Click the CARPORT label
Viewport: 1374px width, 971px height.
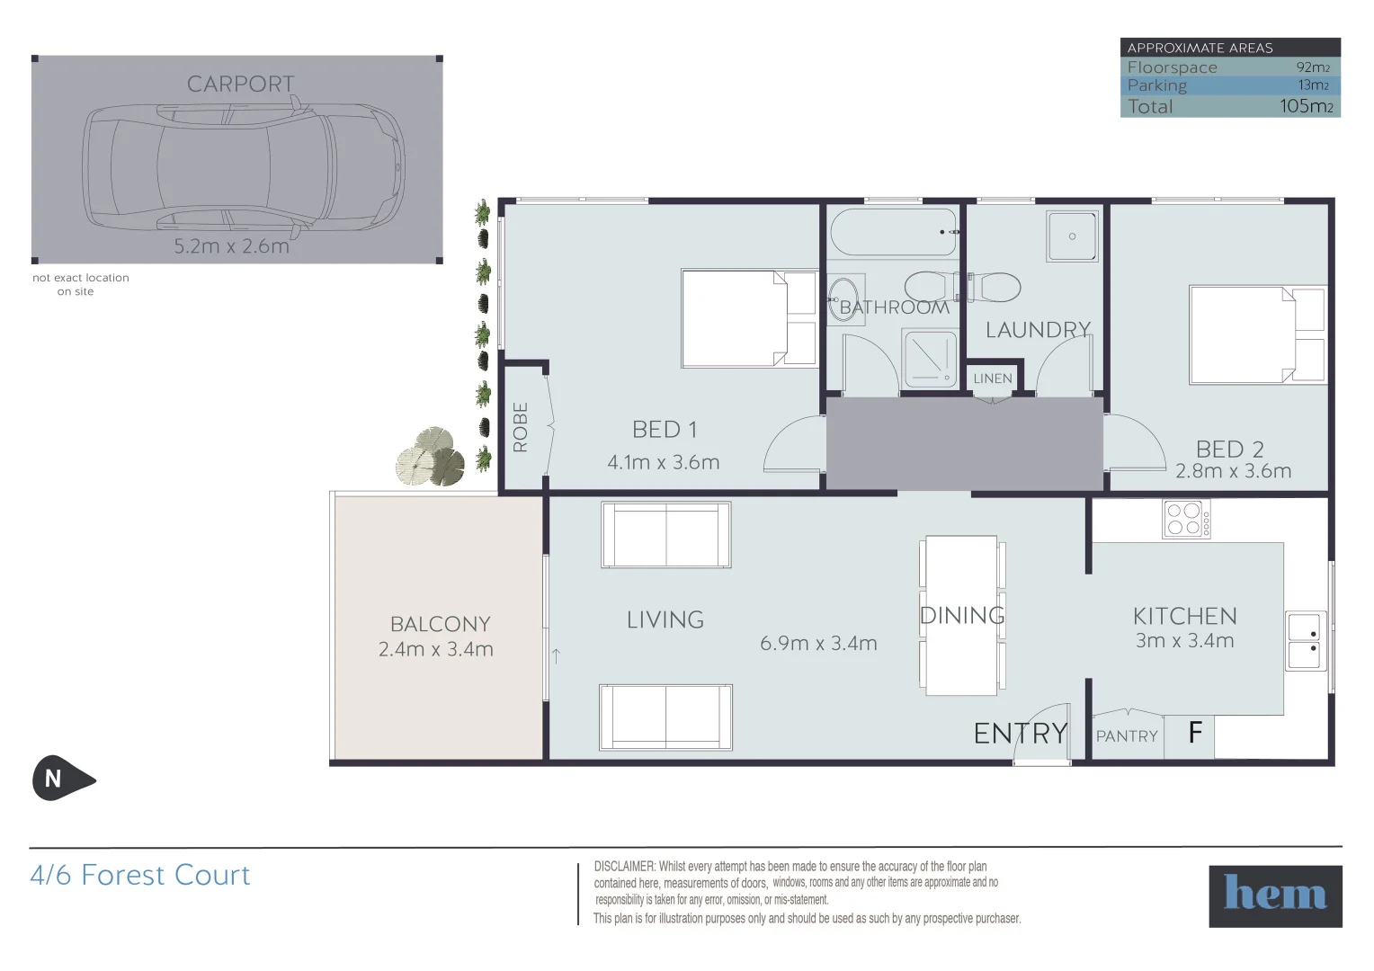(240, 85)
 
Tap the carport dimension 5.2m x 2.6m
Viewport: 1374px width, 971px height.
(231, 246)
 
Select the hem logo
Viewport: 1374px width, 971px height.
(1274, 895)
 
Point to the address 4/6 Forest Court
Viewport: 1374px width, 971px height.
(140, 876)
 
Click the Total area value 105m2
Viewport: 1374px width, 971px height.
(1306, 106)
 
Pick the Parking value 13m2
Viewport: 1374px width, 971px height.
(1313, 85)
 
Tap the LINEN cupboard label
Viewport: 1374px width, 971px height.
(992, 379)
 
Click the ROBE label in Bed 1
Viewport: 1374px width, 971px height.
(521, 426)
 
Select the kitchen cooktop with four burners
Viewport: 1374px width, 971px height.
(1186, 519)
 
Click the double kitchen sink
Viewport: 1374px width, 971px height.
(1305, 641)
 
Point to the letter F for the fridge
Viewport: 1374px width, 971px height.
(1194, 734)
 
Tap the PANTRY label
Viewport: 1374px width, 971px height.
(1127, 736)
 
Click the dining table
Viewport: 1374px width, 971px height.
(961, 616)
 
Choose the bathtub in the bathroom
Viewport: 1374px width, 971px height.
(893, 233)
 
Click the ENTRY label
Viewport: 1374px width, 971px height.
(1021, 735)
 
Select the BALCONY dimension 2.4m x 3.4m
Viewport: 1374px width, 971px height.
(436, 649)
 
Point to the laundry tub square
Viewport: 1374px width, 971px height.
(1072, 236)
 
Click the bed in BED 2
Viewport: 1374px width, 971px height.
(1256, 334)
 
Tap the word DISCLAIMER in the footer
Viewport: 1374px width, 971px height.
(624, 867)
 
